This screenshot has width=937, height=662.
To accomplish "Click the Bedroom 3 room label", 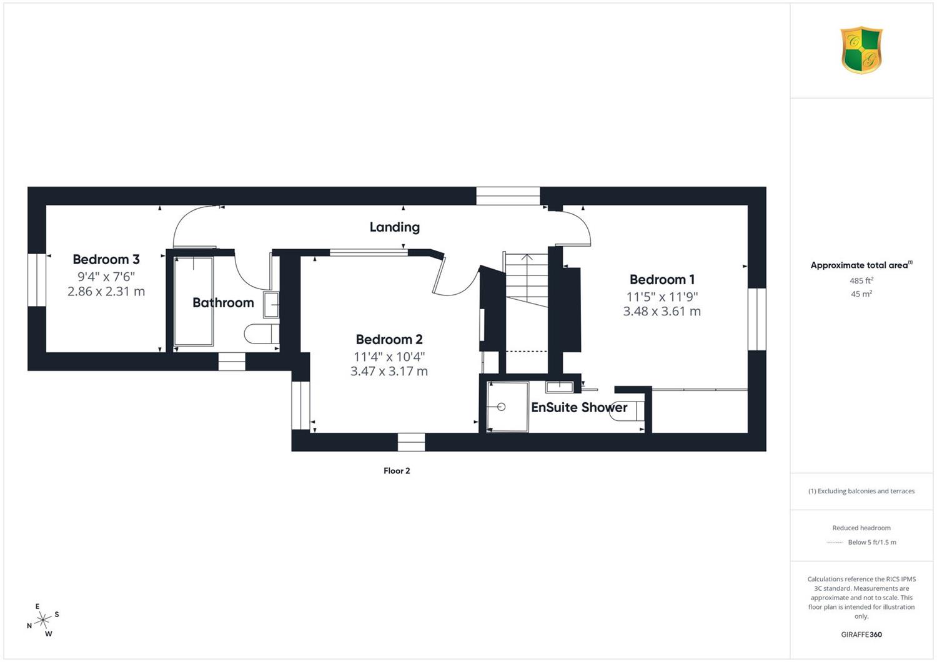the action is (x=106, y=259).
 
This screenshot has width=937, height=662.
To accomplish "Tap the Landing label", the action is (x=394, y=227).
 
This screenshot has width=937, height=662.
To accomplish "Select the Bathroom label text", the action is (x=223, y=302).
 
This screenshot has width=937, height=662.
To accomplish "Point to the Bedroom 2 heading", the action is (x=389, y=339).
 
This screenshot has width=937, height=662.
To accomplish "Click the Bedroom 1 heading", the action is (x=662, y=279).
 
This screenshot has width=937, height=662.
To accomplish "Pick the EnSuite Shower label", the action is (x=579, y=407).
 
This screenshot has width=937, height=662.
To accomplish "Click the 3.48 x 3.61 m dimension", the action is (x=662, y=311).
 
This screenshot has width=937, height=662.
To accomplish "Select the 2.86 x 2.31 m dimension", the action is (x=106, y=292).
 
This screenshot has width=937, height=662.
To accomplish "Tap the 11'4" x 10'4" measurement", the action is (x=389, y=357).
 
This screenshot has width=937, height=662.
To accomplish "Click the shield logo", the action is (x=861, y=50).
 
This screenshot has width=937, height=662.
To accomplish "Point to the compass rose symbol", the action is (x=43, y=620).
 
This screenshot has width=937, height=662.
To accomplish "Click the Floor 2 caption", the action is (x=397, y=471).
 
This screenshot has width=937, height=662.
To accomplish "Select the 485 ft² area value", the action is (x=861, y=280).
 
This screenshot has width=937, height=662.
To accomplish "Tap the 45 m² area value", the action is (x=861, y=294).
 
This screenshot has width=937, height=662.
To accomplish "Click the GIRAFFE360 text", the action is (x=861, y=635).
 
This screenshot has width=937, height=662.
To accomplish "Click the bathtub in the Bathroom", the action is (x=193, y=301).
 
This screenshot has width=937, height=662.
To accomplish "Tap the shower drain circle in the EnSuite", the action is (x=502, y=407).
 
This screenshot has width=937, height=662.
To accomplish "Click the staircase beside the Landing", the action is (x=526, y=280).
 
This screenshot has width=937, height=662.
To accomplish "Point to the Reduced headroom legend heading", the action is (x=861, y=528).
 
